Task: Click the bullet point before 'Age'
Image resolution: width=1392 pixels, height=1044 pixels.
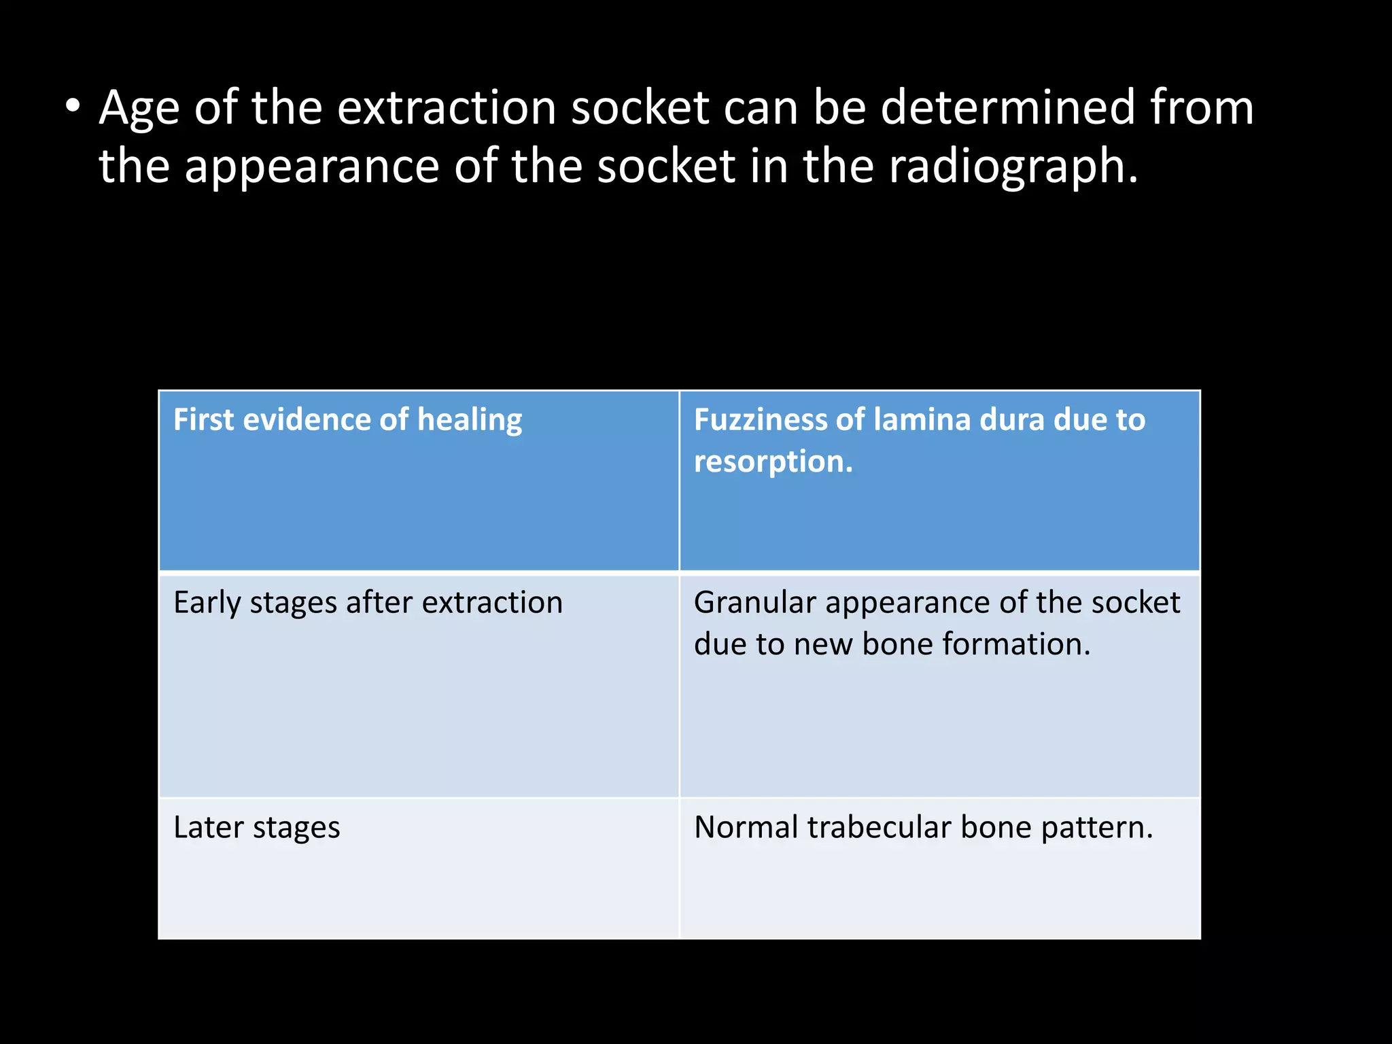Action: (73, 107)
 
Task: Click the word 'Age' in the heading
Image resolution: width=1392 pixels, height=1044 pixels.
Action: (139, 109)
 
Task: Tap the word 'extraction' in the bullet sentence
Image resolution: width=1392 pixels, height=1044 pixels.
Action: (447, 108)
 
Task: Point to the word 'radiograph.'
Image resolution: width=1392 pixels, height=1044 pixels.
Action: (1013, 167)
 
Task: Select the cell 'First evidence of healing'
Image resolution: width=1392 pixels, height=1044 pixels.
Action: (419, 481)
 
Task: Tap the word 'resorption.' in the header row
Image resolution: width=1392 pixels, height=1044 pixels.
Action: (773, 462)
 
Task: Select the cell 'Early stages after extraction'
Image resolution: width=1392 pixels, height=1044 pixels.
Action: (419, 685)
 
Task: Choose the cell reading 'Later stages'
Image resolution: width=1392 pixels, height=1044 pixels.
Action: (419, 868)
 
